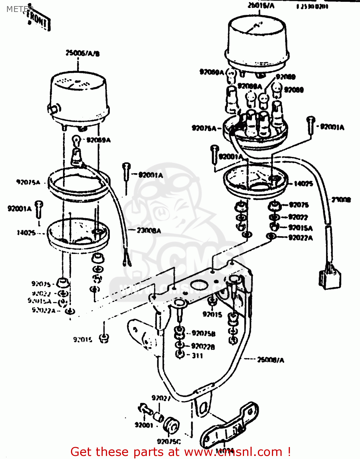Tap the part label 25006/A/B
(x=82, y=54)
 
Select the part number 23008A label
(x=149, y=230)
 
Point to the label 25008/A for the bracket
(x=270, y=360)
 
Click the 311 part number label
(x=197, y=356)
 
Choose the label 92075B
(x=203, y=333)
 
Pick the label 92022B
(x=203, y=346)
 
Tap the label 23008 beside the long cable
(x=341, y=200)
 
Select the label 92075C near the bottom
(x=169, y=441)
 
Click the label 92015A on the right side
(x=300, y=228)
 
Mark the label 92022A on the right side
(x=300, y=238)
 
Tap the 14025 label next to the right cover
(x=303, y=184)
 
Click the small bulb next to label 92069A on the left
(x=76, y=140)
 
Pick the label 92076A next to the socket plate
(x=204, y=128)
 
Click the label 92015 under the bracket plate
(x=212, y=314)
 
